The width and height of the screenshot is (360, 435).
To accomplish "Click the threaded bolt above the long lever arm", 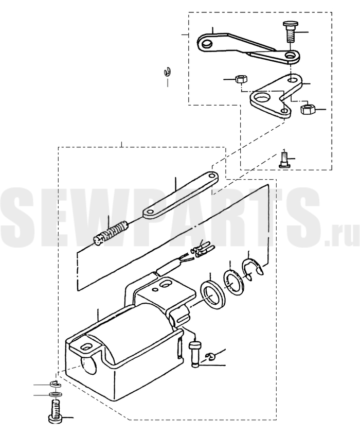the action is [290, 32].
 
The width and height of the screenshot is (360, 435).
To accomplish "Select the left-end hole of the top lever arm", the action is [206, 43].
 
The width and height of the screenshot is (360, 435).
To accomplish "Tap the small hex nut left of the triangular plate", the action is [241, 79].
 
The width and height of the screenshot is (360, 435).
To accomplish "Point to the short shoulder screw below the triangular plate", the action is [284, 159].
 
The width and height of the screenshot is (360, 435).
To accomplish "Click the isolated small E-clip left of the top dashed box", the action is [167, 72].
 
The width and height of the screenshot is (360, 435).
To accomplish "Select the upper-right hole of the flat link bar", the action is [212, 176].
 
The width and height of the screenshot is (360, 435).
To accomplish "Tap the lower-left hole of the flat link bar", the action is [150, 212].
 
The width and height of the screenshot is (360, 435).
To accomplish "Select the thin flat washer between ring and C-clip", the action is [233, 283].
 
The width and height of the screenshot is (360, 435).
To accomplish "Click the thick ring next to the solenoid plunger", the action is [213, 294].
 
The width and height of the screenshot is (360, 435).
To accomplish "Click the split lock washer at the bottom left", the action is [56, 384].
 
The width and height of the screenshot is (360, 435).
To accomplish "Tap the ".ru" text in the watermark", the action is [343, 237].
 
